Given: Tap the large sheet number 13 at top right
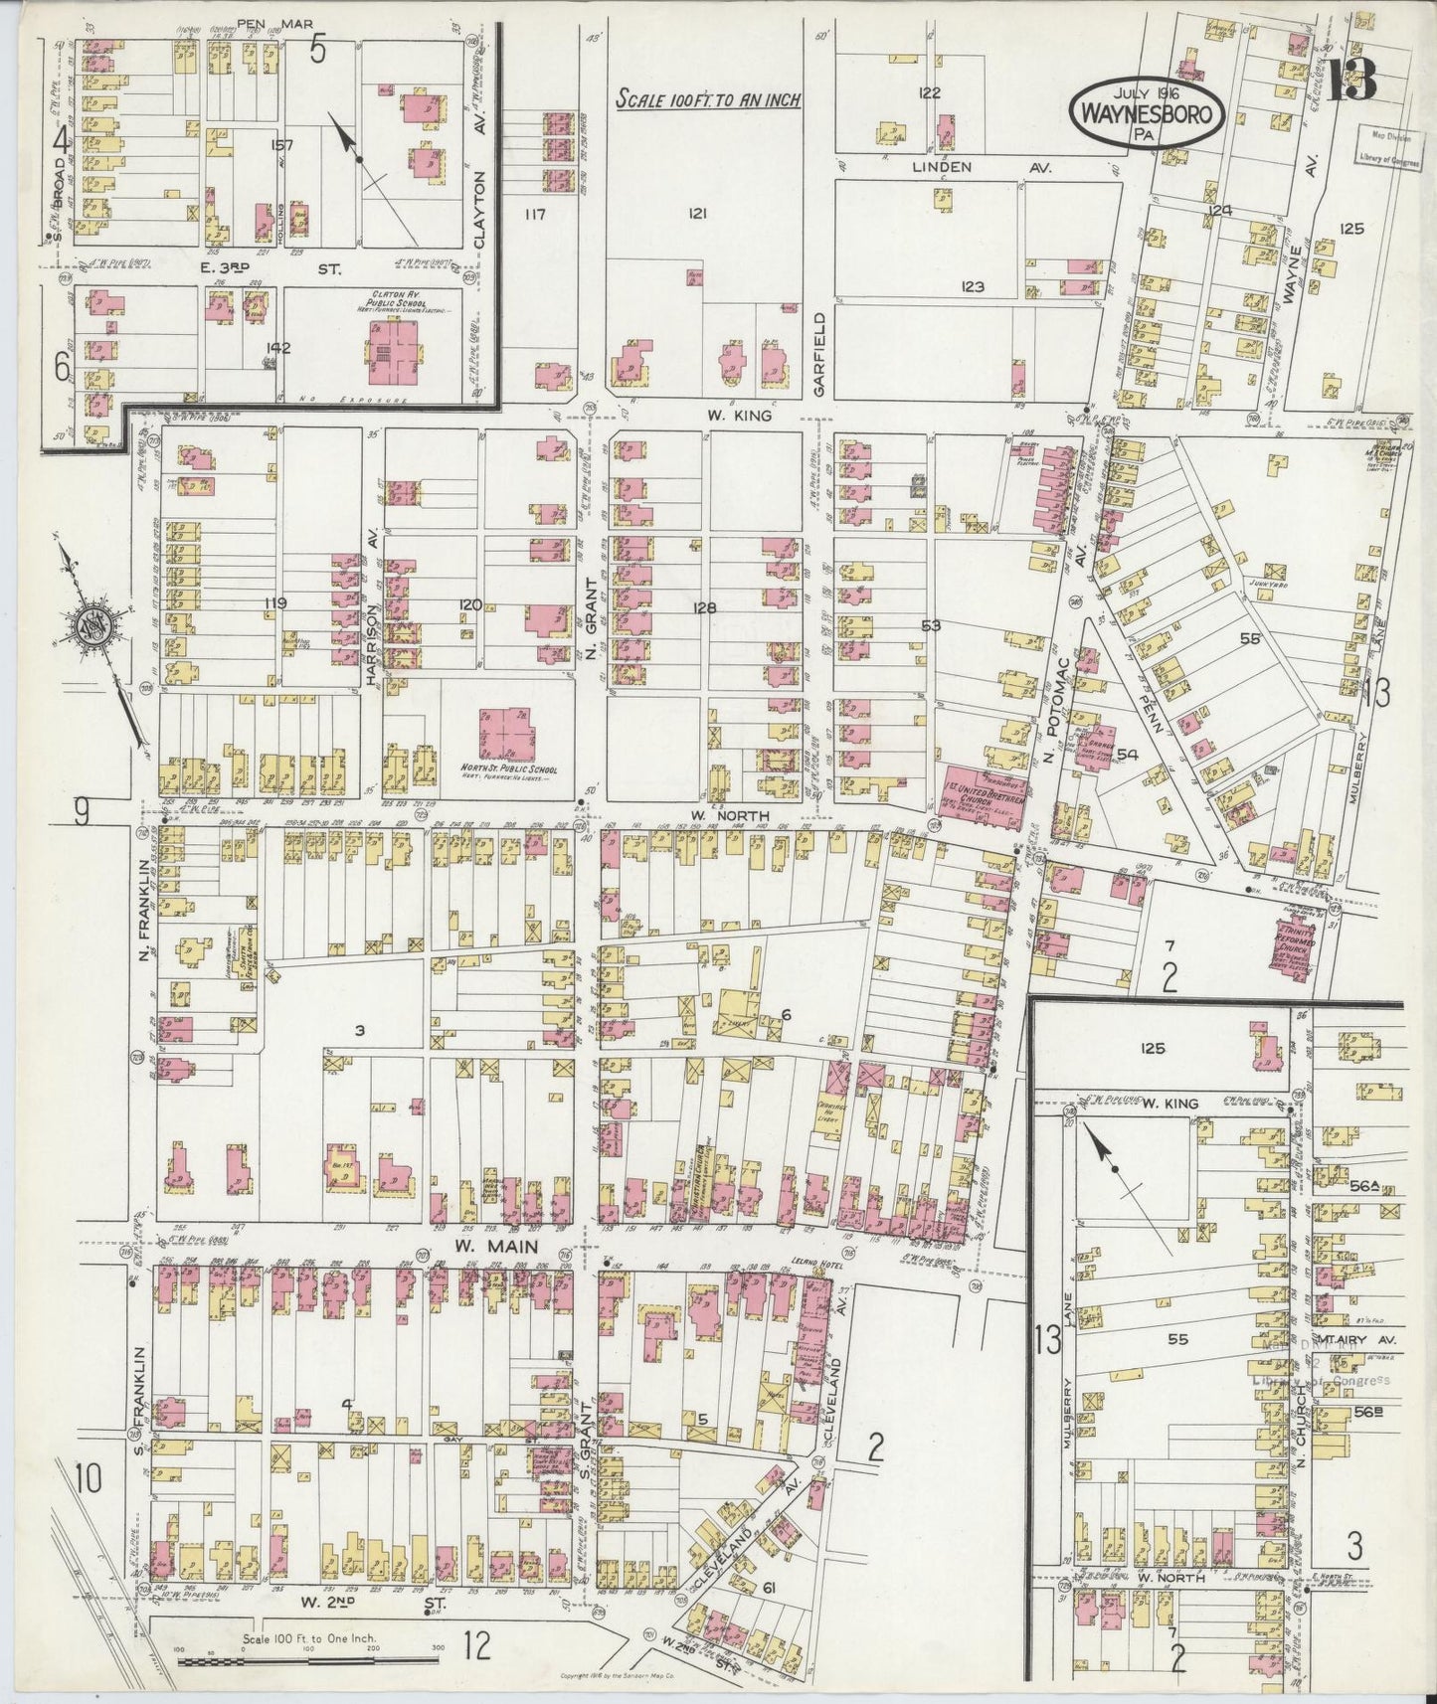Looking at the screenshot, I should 1353,79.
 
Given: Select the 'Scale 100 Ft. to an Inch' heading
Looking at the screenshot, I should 708,99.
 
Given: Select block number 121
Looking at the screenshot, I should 697,213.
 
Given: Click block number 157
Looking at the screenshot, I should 282,145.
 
